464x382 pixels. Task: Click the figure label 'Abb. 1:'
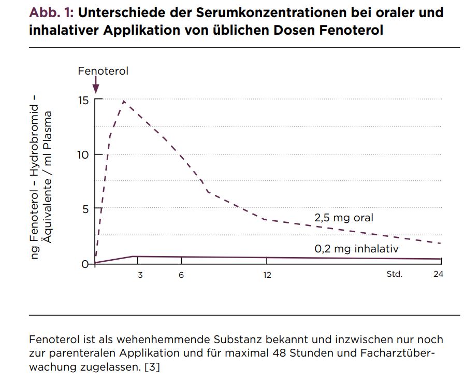[x=51, y=12]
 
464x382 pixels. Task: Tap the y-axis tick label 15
[x=83, y=101]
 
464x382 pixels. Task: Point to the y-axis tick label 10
[x=83, y=154]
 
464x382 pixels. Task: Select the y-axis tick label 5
[x=85, y=209]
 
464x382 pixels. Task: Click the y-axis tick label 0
[x=85, y=264]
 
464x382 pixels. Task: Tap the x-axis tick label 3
[x=140, y=275]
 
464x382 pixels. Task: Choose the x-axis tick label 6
[x=181, y=275]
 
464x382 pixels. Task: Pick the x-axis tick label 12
[x=267, y=275]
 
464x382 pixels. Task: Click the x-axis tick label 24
[x=438, y=274]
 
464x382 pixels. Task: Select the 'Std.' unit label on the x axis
[x=395, y=274]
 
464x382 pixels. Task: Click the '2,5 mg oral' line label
[x=344, y=218]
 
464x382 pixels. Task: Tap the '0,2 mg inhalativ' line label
[x=357, y=249]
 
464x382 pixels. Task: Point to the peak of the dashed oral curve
[x=124, y=101]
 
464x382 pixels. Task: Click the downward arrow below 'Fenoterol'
[x=96, y=85]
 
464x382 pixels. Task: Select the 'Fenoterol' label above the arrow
[x=103, y=71]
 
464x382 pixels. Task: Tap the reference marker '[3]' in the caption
[x=152, y=367]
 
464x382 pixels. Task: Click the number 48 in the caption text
[x=279, y=353]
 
